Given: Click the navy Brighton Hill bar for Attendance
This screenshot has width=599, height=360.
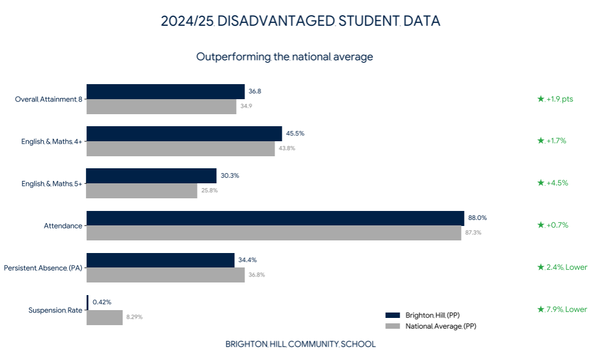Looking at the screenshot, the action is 275,218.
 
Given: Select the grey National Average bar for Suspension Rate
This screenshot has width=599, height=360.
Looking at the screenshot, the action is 105,317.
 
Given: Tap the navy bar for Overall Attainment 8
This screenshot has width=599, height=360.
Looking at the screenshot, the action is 166,92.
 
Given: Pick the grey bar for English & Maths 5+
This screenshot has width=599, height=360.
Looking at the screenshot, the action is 142,191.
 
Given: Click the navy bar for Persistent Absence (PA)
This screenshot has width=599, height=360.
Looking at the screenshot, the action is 160,260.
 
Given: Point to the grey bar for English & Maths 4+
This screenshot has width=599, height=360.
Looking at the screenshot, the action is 181,148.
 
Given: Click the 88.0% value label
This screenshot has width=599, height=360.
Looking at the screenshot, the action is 478,218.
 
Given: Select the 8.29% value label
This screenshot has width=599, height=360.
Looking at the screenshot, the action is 135,317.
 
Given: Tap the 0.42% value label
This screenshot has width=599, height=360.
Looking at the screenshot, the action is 102,302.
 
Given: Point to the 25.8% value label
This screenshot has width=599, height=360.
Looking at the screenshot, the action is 210,191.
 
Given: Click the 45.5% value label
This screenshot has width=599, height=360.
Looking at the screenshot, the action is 296,133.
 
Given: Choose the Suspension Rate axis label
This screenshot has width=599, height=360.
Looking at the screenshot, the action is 55,310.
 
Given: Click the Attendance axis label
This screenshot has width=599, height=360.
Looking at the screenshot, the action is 63,226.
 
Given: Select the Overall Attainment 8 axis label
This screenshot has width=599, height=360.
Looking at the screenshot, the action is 49,99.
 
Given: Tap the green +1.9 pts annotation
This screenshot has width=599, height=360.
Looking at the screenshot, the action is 555,99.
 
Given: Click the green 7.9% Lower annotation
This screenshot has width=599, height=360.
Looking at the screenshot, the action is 562,309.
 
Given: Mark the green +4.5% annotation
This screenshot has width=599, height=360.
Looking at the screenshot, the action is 553,183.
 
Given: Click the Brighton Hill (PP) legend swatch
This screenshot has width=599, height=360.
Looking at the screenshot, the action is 393,316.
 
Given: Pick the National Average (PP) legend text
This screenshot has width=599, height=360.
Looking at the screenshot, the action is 441,326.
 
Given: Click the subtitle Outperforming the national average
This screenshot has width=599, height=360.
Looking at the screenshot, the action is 285,57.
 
